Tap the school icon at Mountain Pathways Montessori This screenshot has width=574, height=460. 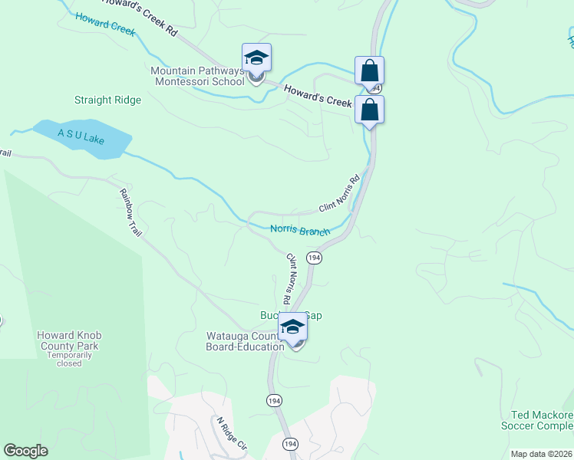point(257,59)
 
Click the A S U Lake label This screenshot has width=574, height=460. point(81,136)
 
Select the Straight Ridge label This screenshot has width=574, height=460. point(107,100)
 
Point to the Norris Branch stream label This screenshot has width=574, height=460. point(300,230)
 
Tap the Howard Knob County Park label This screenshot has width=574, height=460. point(69,341)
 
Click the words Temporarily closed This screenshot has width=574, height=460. point(69,359)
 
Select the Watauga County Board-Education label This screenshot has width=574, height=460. point(245,341)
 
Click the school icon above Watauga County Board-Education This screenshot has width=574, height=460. point(292,328)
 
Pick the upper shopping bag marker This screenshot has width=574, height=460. point(369,71)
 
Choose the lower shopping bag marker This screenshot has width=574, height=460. point(369,110)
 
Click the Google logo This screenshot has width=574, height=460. point(25,451)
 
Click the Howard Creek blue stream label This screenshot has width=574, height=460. point(105,24)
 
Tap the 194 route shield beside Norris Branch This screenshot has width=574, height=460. point(314,258)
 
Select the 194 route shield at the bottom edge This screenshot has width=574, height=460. point(289,444)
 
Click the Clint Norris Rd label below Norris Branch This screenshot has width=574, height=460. point(292,274)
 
